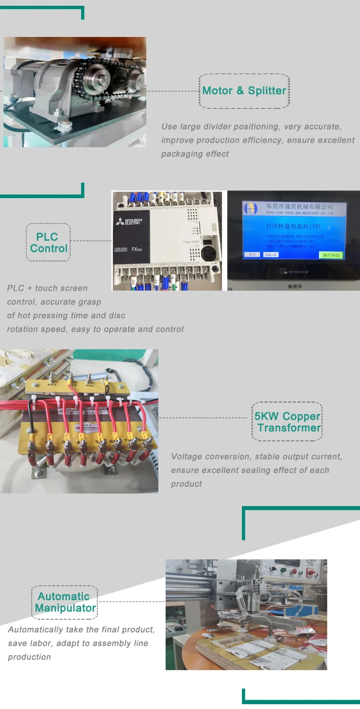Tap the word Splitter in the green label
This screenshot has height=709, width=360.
[x=267, y=91]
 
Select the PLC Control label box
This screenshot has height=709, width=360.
[x=48, y=242]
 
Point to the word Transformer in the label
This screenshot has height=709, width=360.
[x=289, y=428]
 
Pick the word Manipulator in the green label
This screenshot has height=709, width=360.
[x=65, y=608]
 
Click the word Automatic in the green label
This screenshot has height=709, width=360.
[x=64, y=597]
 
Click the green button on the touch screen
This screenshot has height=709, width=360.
[x=331, y=255]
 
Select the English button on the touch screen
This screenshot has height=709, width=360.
[x=271, y=255]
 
